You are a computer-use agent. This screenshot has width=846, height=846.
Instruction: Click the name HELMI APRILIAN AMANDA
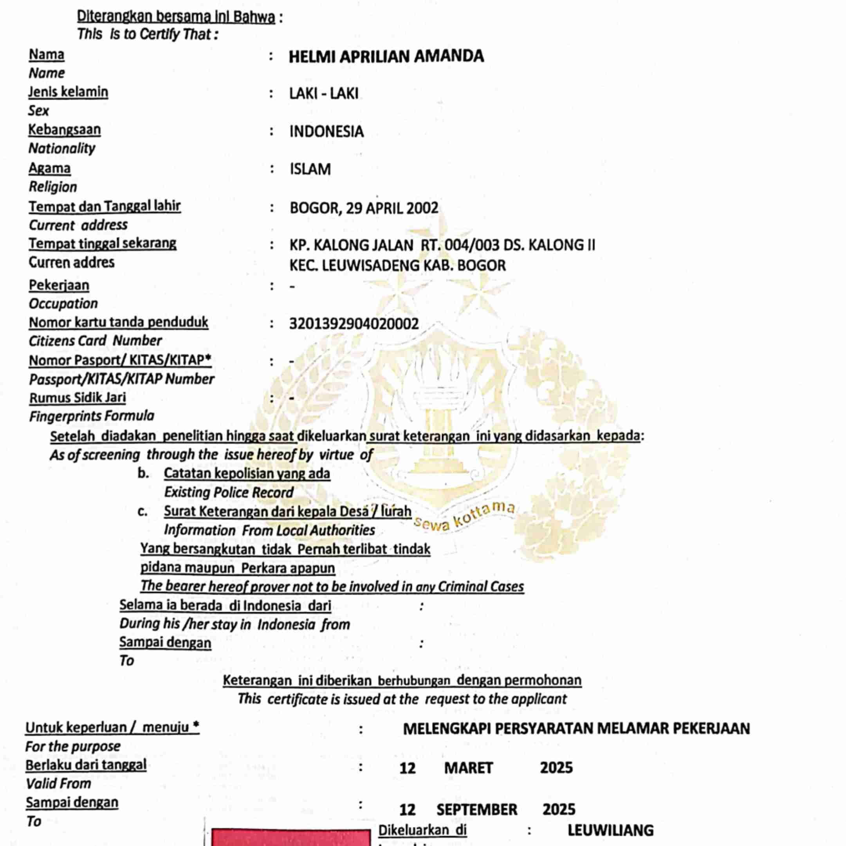(x=386, y=56)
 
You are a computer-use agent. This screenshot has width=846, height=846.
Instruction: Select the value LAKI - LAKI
(x=324, y=94)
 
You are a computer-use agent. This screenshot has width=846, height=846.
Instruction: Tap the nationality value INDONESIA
(x=326, y=132)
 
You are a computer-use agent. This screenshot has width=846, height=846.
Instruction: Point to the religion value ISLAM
(x=310, y=170)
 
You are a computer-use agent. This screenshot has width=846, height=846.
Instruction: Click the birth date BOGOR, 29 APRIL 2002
(x=363, y=208)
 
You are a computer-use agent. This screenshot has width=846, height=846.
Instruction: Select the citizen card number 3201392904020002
(x=354, y=324)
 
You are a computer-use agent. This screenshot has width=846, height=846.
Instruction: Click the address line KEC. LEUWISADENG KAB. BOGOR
(x=397, y=265)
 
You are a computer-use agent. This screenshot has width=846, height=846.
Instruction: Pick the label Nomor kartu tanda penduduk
(x=118, y=322)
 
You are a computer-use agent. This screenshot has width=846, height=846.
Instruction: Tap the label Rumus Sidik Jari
(x=78, y=398)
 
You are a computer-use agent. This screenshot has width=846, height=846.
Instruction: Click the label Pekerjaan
(x=59, y=285)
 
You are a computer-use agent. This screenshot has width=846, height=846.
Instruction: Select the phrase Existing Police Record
(x=229, y=492)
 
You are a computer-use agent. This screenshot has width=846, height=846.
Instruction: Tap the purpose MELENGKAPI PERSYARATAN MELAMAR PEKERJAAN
(x=576, y=729)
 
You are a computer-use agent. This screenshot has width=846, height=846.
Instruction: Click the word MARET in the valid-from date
(x=469, y=768)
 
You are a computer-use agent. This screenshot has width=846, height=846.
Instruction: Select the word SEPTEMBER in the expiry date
(x=477, y=810)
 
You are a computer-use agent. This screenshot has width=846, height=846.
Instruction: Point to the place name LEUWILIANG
(x=610, y=830)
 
